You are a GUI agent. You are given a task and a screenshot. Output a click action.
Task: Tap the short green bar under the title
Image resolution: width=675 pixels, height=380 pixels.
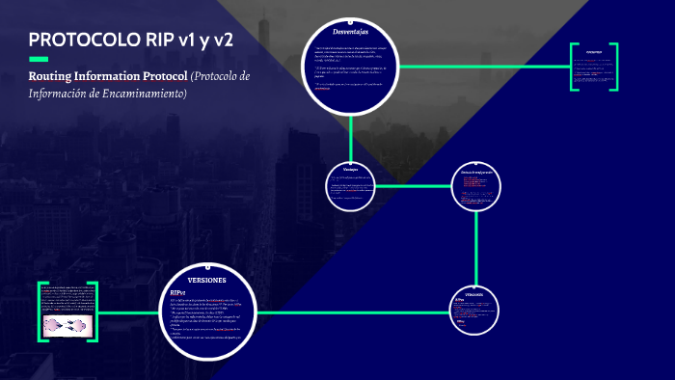click(39, 59)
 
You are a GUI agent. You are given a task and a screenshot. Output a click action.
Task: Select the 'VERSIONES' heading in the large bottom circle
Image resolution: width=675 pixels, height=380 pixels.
click(206, 279)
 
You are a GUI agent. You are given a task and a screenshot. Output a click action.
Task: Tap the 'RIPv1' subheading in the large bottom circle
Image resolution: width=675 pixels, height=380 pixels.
click(178, 292)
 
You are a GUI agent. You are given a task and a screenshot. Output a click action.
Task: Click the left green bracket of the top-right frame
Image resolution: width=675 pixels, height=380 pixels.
click(572, 68)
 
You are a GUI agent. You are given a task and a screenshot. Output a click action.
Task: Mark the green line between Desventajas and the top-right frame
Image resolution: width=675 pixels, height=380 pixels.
click(482, 67)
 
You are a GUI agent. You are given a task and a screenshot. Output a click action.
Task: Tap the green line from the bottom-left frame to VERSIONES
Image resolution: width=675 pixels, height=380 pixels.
click(125, 312)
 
